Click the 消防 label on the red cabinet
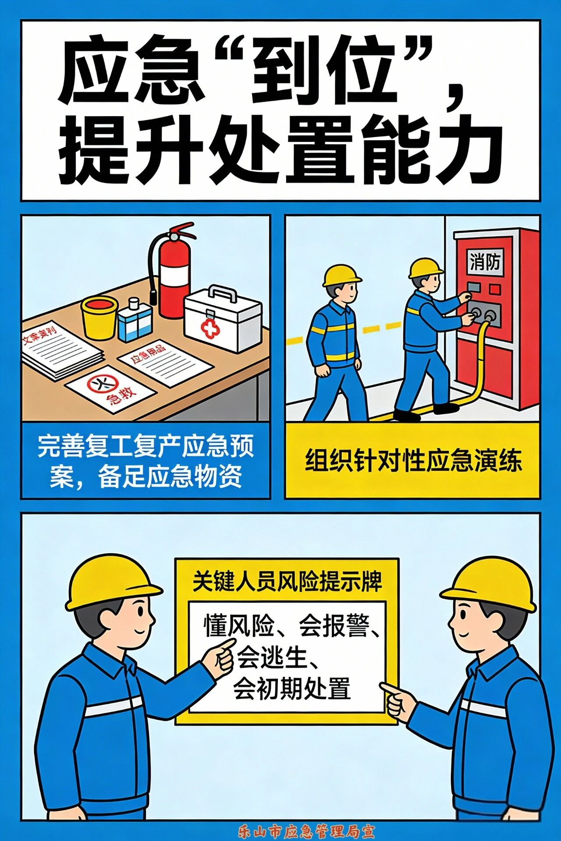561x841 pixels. (x=485, y=262)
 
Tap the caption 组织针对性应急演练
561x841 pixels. (x=412, y=461)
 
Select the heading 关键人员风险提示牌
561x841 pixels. (x=287, y=582)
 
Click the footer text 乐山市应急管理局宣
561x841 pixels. (x=306, y=831)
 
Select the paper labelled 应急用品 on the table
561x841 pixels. (x=164, y=363)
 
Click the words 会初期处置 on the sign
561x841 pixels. (x=292, y=689)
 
